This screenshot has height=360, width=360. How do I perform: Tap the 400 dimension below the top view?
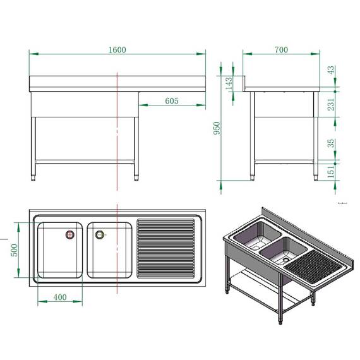pyautogui.click(x=61, y=297)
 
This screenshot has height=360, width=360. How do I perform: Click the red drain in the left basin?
pyautogui.click(x=70, y=235)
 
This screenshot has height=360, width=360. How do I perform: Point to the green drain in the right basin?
pyautogui.click(x=99, y=235)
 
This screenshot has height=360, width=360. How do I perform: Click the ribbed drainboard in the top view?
pyautogui.click(x=166, y=248)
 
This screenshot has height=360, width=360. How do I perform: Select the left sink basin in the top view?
pyautogui.click(x=59, y=249)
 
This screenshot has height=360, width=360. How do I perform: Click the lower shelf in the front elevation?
pyautogui.click(x=85, y=159)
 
